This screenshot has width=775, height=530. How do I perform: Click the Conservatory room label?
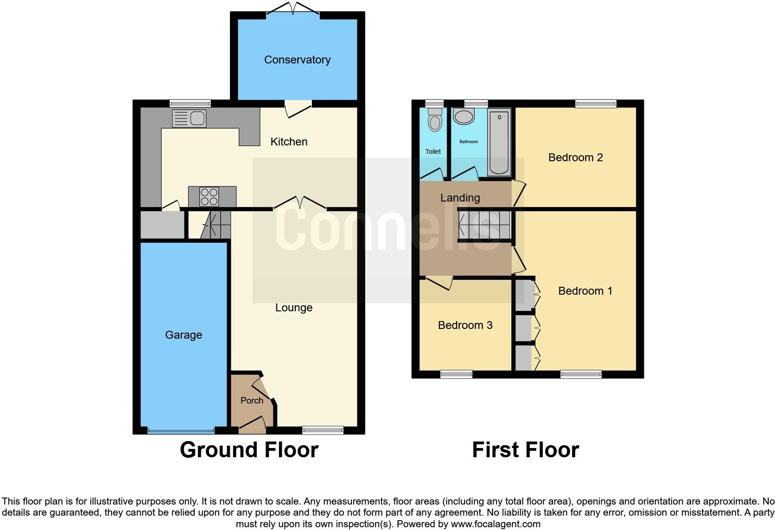tap(297, 60)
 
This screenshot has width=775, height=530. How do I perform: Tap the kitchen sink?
tap(189, 119)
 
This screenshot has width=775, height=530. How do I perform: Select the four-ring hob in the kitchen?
tap(209, 196)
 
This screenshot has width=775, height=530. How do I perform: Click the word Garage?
tap(184, 335)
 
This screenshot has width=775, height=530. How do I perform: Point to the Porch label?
tap(252, 400)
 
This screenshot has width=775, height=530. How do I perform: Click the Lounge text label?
tap(294, 308)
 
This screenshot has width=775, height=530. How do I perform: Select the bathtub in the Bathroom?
tap(499, 141)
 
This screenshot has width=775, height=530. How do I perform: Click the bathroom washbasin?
tap(464, 116)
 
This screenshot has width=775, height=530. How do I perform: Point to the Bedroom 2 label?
tap(575, 158)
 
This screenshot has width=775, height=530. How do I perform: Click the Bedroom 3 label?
tap(465, 325)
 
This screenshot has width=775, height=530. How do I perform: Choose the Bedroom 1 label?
tap(585, 291)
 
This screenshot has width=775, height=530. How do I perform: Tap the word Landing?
tap(460, 198)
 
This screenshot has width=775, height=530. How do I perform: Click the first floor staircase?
tap(484, 226)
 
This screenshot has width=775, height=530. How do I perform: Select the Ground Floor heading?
tap(249, 450)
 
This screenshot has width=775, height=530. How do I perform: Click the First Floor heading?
tap(525, 450)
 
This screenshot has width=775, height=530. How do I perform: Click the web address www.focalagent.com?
tap(495, 524)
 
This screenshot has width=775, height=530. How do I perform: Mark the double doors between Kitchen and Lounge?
tap(300, 204)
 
